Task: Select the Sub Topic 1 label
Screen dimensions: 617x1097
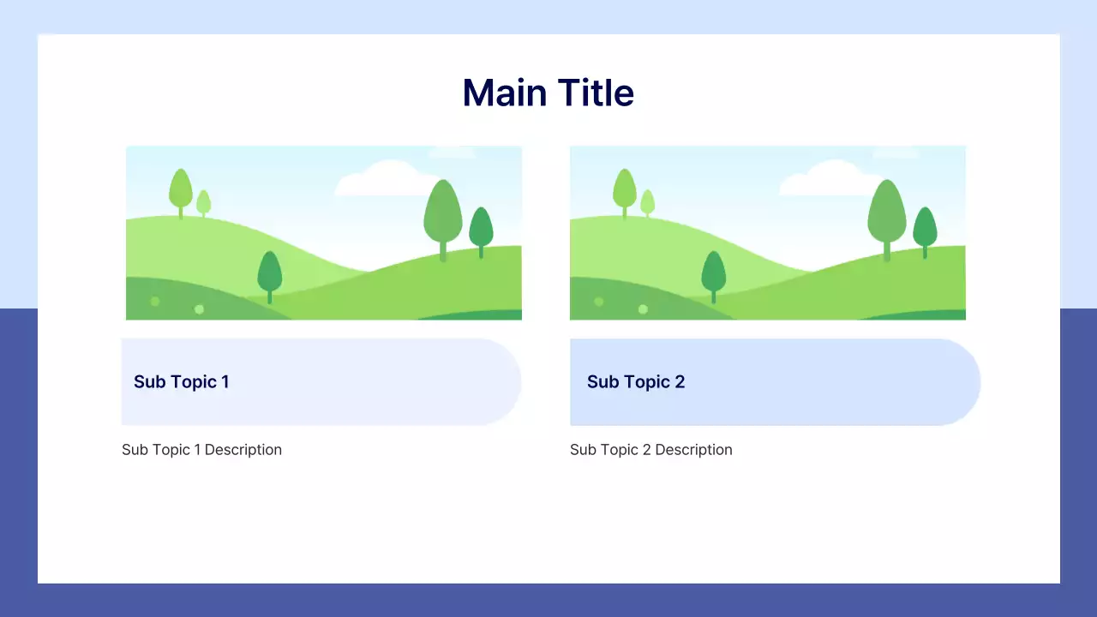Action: pyautogui.click(x=181, y=382)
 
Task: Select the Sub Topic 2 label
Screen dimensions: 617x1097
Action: pyautogui.click(x=635, y=382)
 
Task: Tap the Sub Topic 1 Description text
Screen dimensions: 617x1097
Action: pyautogui.click(x=201, y=450)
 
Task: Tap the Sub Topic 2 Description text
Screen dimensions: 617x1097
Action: pyautogui.click(x=650, y=450)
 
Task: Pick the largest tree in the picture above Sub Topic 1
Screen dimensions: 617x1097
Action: pyautogui.click(x=442, y=213)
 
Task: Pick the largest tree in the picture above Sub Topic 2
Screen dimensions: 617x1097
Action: pyautogui.click(x=886, y=213)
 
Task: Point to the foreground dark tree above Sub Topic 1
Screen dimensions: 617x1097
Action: pyautogui.click(x=269, y=273)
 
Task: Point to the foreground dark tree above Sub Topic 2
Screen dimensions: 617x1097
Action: pyautogui.click(x=713, y=273)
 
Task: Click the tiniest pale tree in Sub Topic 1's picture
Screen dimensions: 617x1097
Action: pyautogui.click(x=203, y=202)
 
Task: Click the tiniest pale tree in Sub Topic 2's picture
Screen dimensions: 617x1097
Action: pyautogui.click(x=647, y=202)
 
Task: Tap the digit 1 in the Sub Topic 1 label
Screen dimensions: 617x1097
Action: pyautogui.click(x=225, y=382)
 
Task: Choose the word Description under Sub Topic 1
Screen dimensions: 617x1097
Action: pyautogui.click(x=243, y=450)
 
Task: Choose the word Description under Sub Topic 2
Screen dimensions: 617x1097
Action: pyautogui.click(x=693, y=450)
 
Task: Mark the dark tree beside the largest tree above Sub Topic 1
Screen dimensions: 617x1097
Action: pyautogui.click(x=481, y=228)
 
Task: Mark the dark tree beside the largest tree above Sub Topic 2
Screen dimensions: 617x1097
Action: pyautogui.click(x=925, y=228)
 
